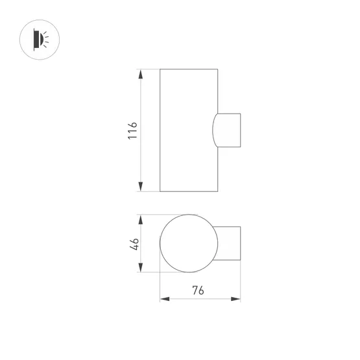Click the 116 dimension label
point(132,130)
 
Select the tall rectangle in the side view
point(188,130)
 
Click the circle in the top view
point(189,244)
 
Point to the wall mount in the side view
point(228,130)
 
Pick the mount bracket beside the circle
point(231,244)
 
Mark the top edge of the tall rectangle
point(189,68)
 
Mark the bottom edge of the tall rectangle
point(189,191)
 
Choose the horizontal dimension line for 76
point(200,299)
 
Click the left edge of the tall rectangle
point(160,130)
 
